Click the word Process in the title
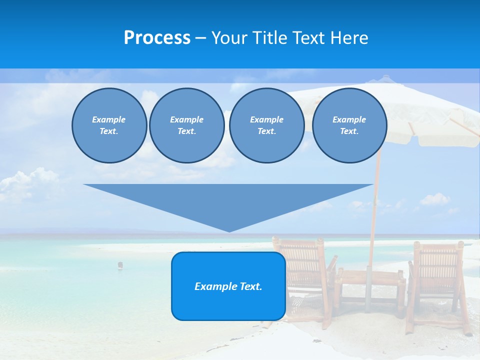pos(157,38)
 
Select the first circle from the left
pos(109,125)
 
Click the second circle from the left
pos(186,125)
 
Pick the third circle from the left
pos(266,125)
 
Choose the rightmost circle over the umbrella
pos(349,125)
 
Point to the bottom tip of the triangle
pos(229,230)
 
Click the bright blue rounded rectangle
pos(228,300)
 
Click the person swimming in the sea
pos(120,265)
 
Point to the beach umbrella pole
pos(374,210)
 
